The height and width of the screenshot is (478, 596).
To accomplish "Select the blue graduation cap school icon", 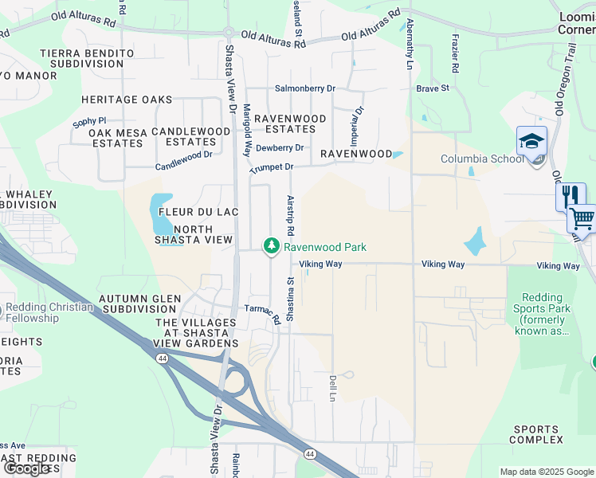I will pos(531,142).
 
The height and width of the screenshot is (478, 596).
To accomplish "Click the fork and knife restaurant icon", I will pos(571,197).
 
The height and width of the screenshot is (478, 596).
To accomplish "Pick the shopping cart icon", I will pos(582,217).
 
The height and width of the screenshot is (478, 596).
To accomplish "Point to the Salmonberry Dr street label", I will pos(305,89).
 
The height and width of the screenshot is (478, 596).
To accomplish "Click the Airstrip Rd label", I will pos(291,215).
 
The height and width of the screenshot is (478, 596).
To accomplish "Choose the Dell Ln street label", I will pos(332,388).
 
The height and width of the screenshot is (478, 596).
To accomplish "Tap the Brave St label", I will pos(433,88).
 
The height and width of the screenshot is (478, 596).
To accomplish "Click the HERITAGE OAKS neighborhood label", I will pos(127,100).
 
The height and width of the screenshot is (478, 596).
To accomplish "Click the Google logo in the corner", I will pos(26,468).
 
